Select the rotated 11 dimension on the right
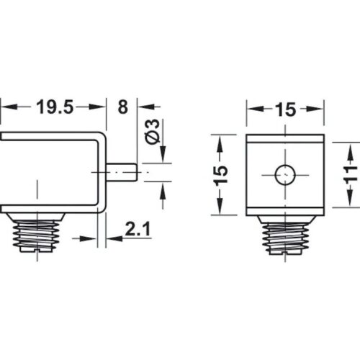(x=351, y=174)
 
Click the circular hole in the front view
(x=283, y=174)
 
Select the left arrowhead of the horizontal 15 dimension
(x=253, y=109)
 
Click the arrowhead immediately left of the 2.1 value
(x=113, y=238)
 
